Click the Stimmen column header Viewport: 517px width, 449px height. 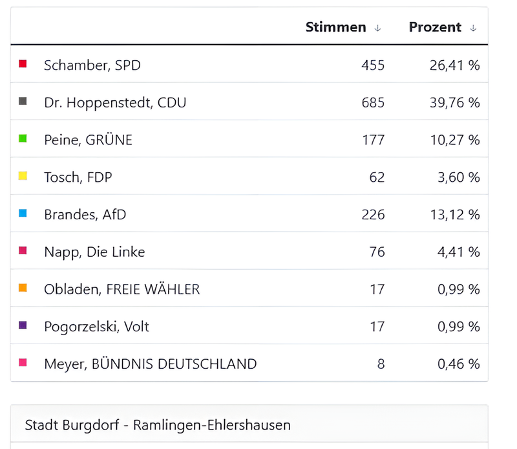[x=335, y=27]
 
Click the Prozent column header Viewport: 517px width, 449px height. [x=435, y=27]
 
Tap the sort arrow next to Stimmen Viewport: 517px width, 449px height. [x=378, y=28]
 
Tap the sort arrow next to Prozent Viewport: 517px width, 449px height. [x=473, y=28]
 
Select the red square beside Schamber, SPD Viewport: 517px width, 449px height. [x=23, y=64]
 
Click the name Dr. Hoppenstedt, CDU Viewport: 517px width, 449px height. [x=115, y=102]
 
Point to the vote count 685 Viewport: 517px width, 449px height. [x=374, y=102]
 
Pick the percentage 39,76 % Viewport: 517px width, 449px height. [x=454, y=102]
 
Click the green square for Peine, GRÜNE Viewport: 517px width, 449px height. [x=23, y=138]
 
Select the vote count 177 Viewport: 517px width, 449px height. [x=374, y=140]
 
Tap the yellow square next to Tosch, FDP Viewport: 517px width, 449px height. [x=23, y=176]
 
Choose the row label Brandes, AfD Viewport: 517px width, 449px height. [x=85, y=215]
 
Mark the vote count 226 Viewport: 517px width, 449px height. [x=374, y=215]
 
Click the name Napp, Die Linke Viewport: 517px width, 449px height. [x=94, y=252]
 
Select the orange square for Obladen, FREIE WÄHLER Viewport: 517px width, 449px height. [x=23, y=288]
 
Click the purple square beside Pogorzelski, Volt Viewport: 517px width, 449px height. [x=23, y=325]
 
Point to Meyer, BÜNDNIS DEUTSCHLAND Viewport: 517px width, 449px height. [x=150, y=364]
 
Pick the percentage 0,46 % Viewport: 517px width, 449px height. [x=459, y=364]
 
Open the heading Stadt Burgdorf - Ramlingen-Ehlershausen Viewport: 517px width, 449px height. [x=158, y=425]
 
